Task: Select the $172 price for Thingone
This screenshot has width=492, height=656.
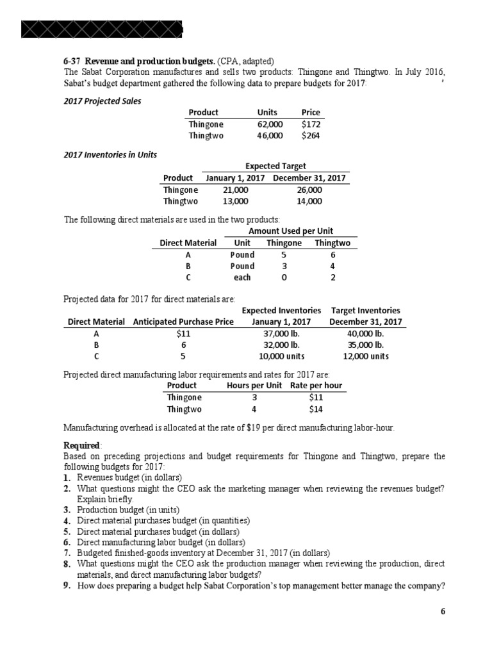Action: [311, 124]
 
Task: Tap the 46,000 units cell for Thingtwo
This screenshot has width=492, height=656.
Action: [269, 136]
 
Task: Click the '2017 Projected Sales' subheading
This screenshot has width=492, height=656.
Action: [102, 101]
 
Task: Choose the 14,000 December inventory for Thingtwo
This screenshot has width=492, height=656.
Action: [310, 201]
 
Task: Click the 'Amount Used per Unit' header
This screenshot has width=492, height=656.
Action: [290, 231]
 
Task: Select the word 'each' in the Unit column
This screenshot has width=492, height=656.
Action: [242, 277]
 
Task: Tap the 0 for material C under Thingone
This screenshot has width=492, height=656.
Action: [284, 277]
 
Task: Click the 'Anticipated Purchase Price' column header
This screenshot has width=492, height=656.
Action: [183, 322]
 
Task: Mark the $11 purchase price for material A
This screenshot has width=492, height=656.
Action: [183, 334]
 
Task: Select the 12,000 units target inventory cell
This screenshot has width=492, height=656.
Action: [365, 357]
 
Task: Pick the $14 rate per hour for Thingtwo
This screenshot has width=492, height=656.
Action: [316, 409]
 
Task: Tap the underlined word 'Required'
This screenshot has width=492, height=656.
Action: [81, 445]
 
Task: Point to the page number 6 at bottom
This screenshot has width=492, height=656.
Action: [442, 611]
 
